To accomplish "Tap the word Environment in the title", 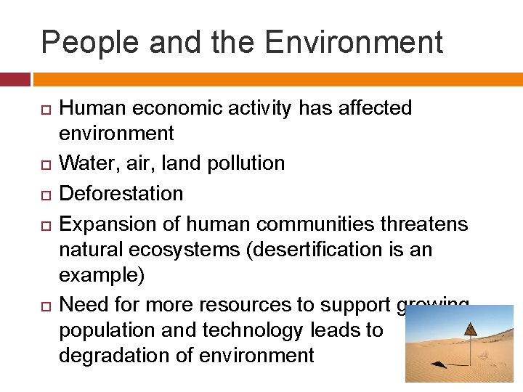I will pyautogui.click(x=354, y=42).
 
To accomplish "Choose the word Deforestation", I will pyautogui.click(x=121, y=193).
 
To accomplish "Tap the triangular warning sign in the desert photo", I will pyautogui.click(x=471, y=329).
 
